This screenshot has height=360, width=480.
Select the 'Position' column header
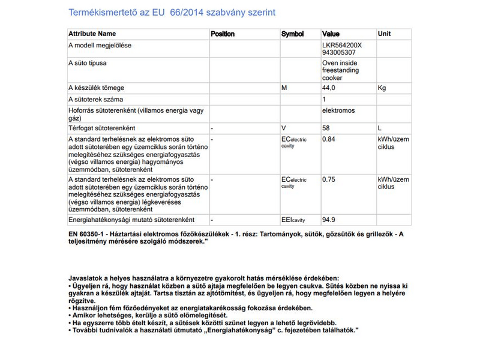click(x=223, y=34)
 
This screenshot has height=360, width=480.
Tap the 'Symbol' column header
click(x=292, y=34)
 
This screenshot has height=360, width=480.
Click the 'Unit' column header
click(x=384, y=34)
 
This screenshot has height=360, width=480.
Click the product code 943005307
click(x=339, y=52)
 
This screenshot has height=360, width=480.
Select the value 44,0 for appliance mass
click(x=329, y=88)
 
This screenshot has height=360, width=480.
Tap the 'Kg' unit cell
click(x=382, y=88)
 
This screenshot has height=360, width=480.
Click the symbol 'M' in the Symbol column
click(x=284, y=88)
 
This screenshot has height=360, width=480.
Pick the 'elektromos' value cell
click(x=338, y=111)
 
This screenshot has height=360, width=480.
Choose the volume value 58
click(x=326, y=128)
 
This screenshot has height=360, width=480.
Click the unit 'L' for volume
click(x=380, y=128)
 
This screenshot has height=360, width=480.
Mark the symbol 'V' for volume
click(x=284, y=128)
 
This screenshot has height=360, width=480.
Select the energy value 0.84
click(x=329, y=140)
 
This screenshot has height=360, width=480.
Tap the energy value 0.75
click(x=329, y=179)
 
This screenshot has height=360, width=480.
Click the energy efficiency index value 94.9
click(x=329, y=220)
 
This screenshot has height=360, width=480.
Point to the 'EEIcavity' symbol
click(x=293, y=220)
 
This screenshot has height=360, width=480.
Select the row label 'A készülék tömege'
click(x=96, y=88)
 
